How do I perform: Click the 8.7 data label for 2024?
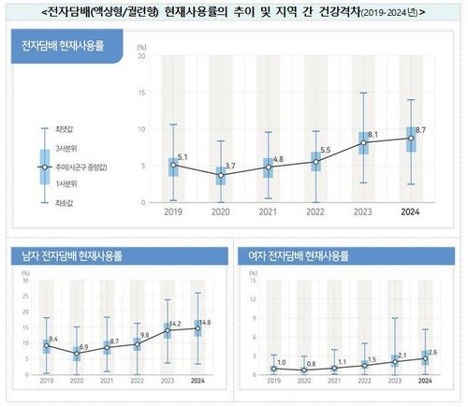pyautogui.click(x=421, y=129)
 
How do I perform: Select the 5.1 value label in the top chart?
pyautogui.click(x=183, y=156)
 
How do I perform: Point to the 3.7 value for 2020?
pyautogui.click(x=230, y=166)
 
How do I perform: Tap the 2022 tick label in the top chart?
pyautogui.click(x=315, y=212)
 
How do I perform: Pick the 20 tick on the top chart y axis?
pyautogui.click(x=141, y=56)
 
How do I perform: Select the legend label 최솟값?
pyautogui.click(x=66, y=202)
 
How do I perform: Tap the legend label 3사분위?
pyautogui.click(x=66, y=149)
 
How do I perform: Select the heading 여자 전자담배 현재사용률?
pyautogui.click(x=298, y=255)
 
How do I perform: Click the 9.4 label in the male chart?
pyautogui.click(x=52, y=339)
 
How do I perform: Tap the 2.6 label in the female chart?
pyautogui.click(x=431, y=353)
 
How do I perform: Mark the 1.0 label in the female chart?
pyautogui.click(x=282, y=362)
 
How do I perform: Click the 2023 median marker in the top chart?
pyautogui.click(x=364, y=143)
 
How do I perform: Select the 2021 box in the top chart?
pyautogui.click(x=269, y=167)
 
